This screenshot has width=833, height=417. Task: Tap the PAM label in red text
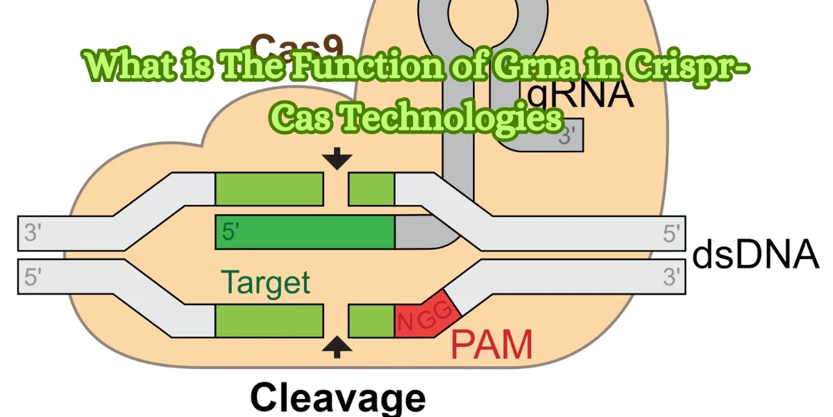(491, 344)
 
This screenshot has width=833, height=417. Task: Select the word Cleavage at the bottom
(337, 398)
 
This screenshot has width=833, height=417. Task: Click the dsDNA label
(755, 255)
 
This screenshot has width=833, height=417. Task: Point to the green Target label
(265, 283)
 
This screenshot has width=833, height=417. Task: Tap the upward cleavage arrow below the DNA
(337, 346)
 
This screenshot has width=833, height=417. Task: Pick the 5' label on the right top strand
(671, 233)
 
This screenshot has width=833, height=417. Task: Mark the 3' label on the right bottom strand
(671, 277)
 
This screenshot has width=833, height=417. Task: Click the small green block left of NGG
(371, 321)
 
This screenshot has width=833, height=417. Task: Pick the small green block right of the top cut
(371, 189)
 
